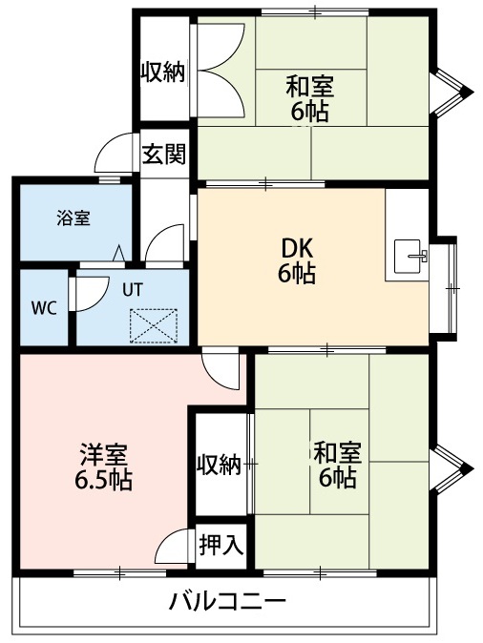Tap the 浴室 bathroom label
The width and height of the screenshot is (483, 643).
pos(73,218)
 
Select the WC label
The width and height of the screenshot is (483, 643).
pos(42,309)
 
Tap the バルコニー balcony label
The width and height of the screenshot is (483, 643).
pos(227,602)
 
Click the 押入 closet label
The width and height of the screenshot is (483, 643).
pos(221,545)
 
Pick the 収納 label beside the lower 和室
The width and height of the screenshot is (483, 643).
pos(219,465)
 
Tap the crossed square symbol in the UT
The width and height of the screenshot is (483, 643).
pos(154,324)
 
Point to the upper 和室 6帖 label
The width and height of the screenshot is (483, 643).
pos(310,98)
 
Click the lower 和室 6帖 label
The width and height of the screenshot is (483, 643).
pos(336,464)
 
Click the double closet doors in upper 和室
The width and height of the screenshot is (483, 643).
pos(222,72)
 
